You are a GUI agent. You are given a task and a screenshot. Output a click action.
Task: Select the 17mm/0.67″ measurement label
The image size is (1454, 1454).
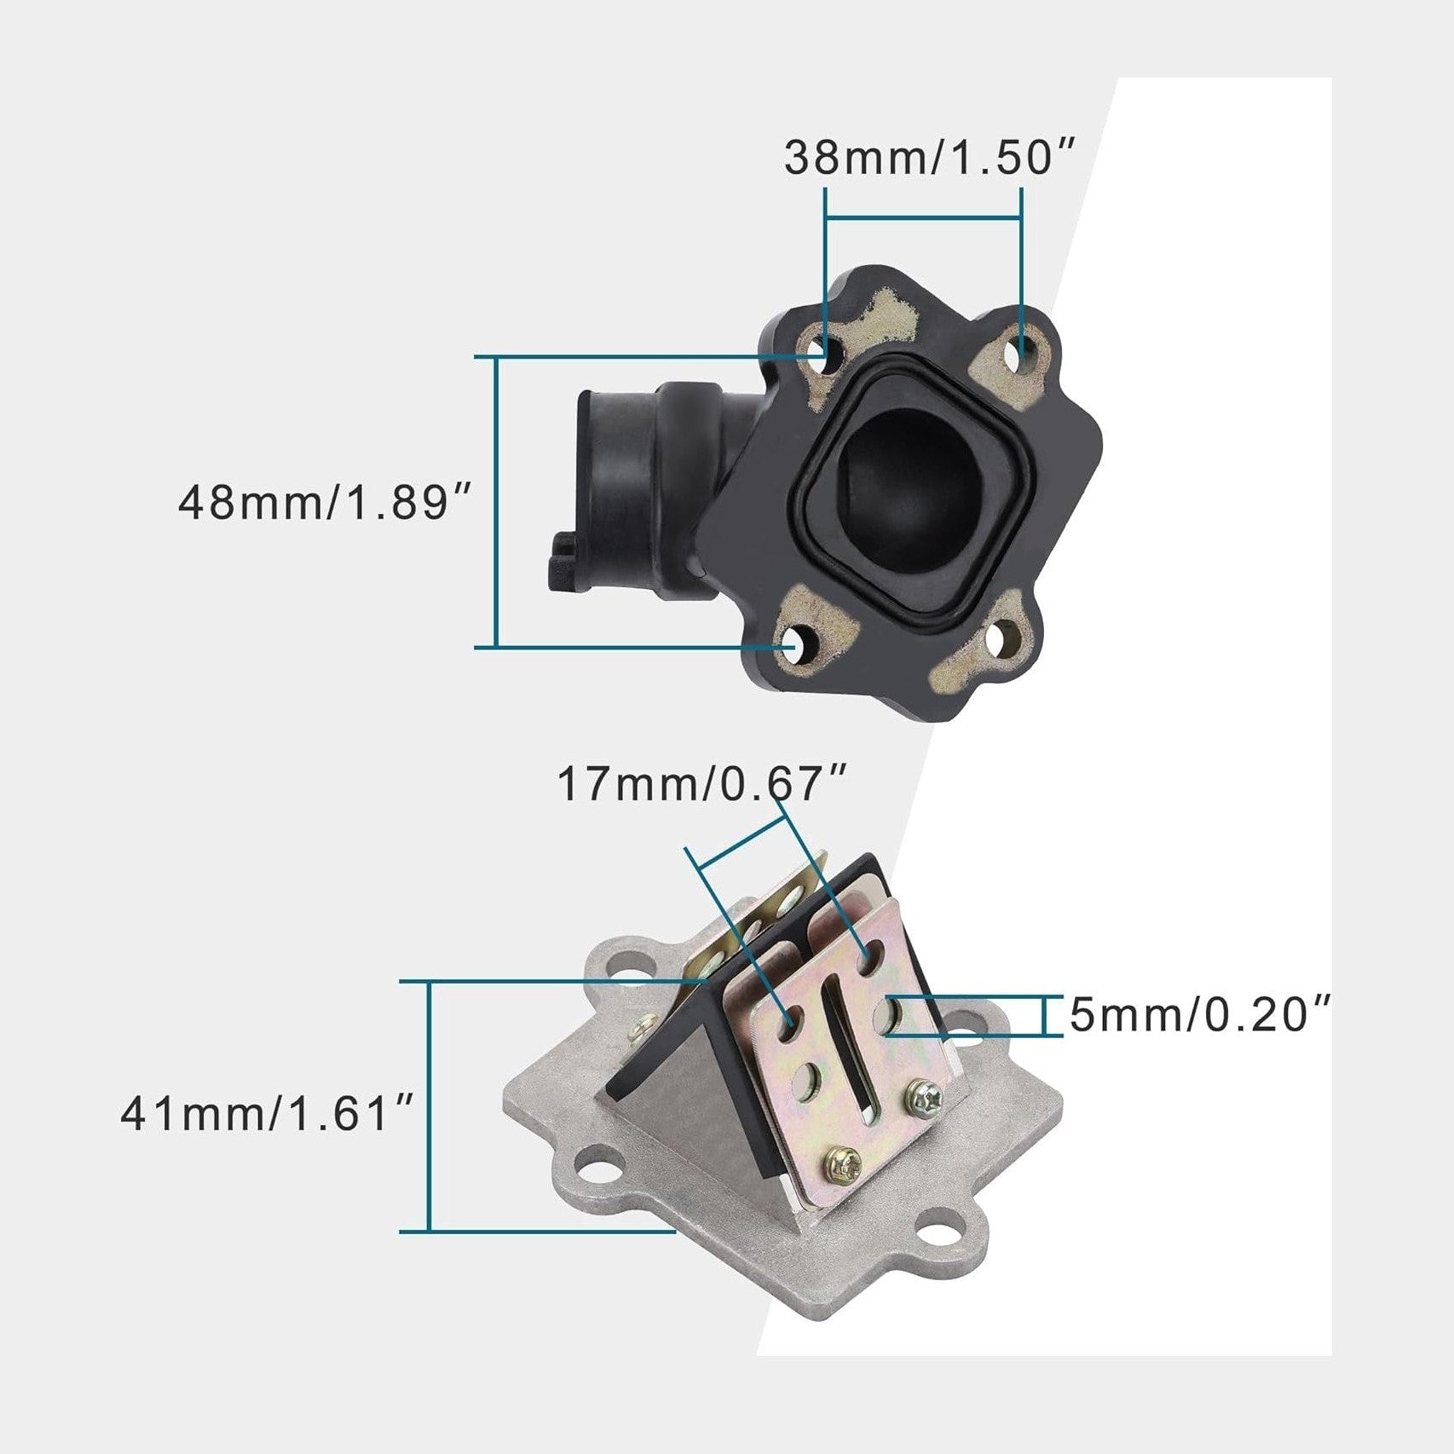[x=702, y=784]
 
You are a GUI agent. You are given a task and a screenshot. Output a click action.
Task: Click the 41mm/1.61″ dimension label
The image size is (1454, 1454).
[x=268, y=1114]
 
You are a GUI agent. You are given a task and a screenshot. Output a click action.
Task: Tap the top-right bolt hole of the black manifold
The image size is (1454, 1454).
[x=1023, y=352]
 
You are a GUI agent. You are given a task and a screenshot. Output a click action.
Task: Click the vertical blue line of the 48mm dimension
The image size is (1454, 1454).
[x=496, y=502]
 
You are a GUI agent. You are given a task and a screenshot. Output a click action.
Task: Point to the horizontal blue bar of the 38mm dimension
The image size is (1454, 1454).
[x=923, y=220]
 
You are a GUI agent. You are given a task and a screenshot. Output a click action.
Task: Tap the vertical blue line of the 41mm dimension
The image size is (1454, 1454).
[x=430, y=1106]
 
